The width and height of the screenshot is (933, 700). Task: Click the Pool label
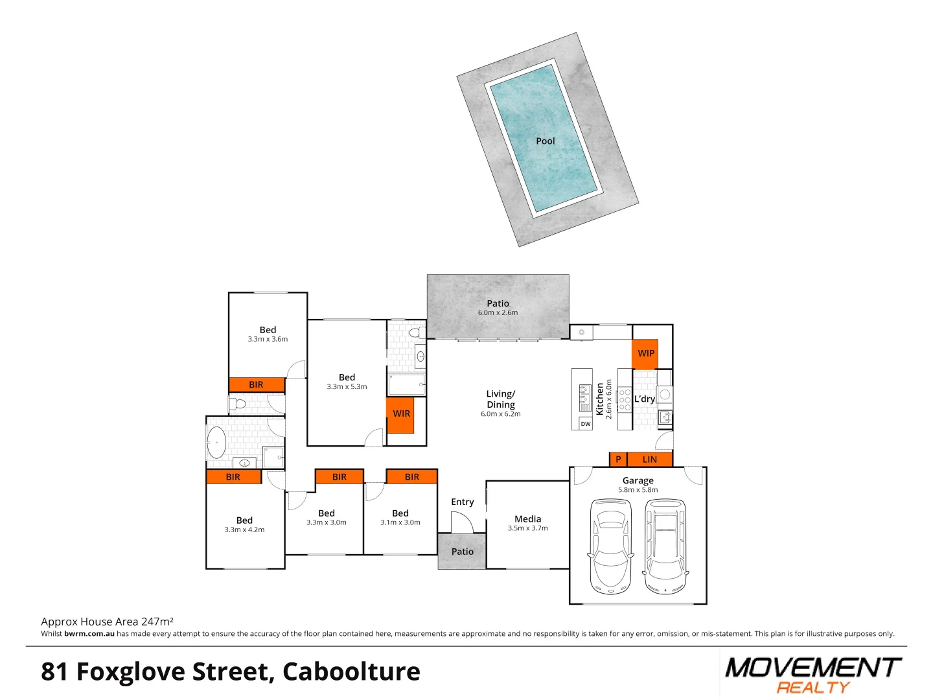pos(545,141)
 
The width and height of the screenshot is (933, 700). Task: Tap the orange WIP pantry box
pos(645,353)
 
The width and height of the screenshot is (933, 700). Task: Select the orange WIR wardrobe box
pos(401,414)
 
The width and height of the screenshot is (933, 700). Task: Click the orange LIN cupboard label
pos(649,460)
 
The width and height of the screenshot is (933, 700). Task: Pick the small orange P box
pos(618,460)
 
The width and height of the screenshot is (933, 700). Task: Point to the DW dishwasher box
pos(585,424)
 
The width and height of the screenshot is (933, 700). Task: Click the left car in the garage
pos(610,546)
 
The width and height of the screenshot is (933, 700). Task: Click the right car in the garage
pos(665,546)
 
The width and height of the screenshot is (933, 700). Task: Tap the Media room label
pos(527,519)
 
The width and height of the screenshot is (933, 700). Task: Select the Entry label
pos(462,502)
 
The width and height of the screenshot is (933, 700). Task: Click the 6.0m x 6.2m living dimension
pos(500,414)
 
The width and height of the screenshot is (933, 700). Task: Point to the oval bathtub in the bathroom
pos(216,442)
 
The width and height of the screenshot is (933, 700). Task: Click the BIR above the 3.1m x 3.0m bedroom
pos(411,477)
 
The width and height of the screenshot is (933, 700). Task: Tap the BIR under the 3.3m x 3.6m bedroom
pos(256,385)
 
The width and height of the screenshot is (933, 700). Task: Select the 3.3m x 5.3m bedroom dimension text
pos(347,387)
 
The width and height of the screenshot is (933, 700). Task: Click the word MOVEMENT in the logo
pos(812,668)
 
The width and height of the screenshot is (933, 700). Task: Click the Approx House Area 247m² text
pos(107,622)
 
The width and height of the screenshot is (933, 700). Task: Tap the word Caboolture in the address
pos(351,671)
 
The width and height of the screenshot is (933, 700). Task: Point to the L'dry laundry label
pos(644,399)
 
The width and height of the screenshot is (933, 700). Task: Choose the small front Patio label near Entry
pos(462,552)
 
